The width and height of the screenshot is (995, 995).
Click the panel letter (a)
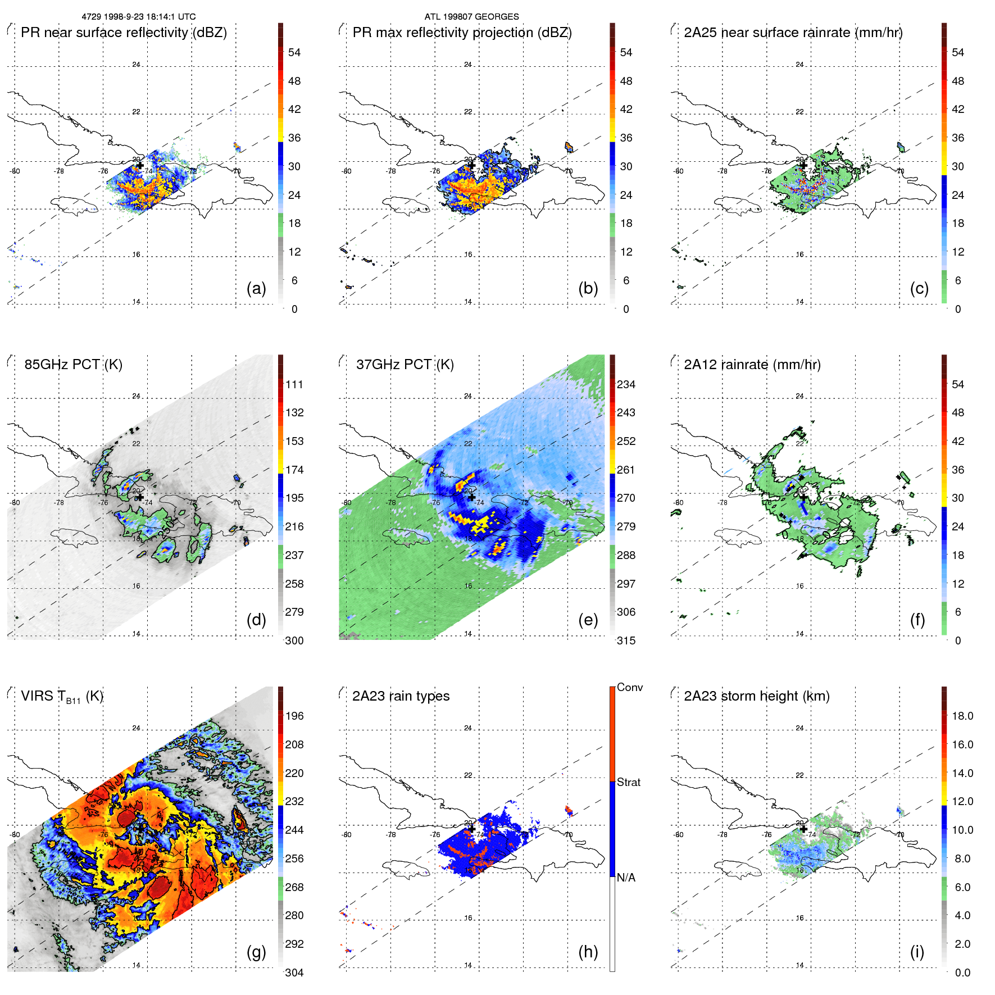pyautogui.click(x=256, y=289)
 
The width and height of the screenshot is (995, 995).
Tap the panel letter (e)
pyautogui.click(x=588, y=620)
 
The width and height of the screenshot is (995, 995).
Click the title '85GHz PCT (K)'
pyautogui.click(x=73, y=365)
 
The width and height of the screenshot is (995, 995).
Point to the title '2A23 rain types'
pyautogui.click(x=401, y=696)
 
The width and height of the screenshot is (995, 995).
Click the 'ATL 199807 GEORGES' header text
pyautogui.click(x=471, y=17)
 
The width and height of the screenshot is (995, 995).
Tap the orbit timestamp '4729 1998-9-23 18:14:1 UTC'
pyautogui.click(x=139, y=17)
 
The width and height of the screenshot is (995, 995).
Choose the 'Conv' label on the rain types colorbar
pyautogui.click(x=630, y=688)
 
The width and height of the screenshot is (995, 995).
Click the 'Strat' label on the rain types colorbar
pyautogui.click(x=629, y=783)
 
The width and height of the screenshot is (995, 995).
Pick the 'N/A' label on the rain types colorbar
pyautogui.click(x=626, y=878)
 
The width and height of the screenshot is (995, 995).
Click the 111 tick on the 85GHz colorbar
pyautogui.click(x=294, y=385)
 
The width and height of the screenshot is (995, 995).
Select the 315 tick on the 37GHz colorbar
pyautogui.click(x=626, y=641)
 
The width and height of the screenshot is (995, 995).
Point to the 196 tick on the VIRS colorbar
pyautogui.click(x=294, y=716)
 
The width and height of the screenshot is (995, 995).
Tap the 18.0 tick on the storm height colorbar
pyautogui.click(x=962, y=716)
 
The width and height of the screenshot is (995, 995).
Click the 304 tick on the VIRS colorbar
pyautogui.click(x=294, y=973)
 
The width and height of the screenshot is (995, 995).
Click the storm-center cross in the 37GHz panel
pyautogui.click(x=471, y=497)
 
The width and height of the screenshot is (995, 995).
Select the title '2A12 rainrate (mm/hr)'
pyautogui.click(x=752, y=365)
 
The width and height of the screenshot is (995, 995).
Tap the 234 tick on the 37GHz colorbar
pyautogui.click(x=626, y=385)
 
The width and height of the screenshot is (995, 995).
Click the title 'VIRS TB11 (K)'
pyautogui.click(x=62, y=697)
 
